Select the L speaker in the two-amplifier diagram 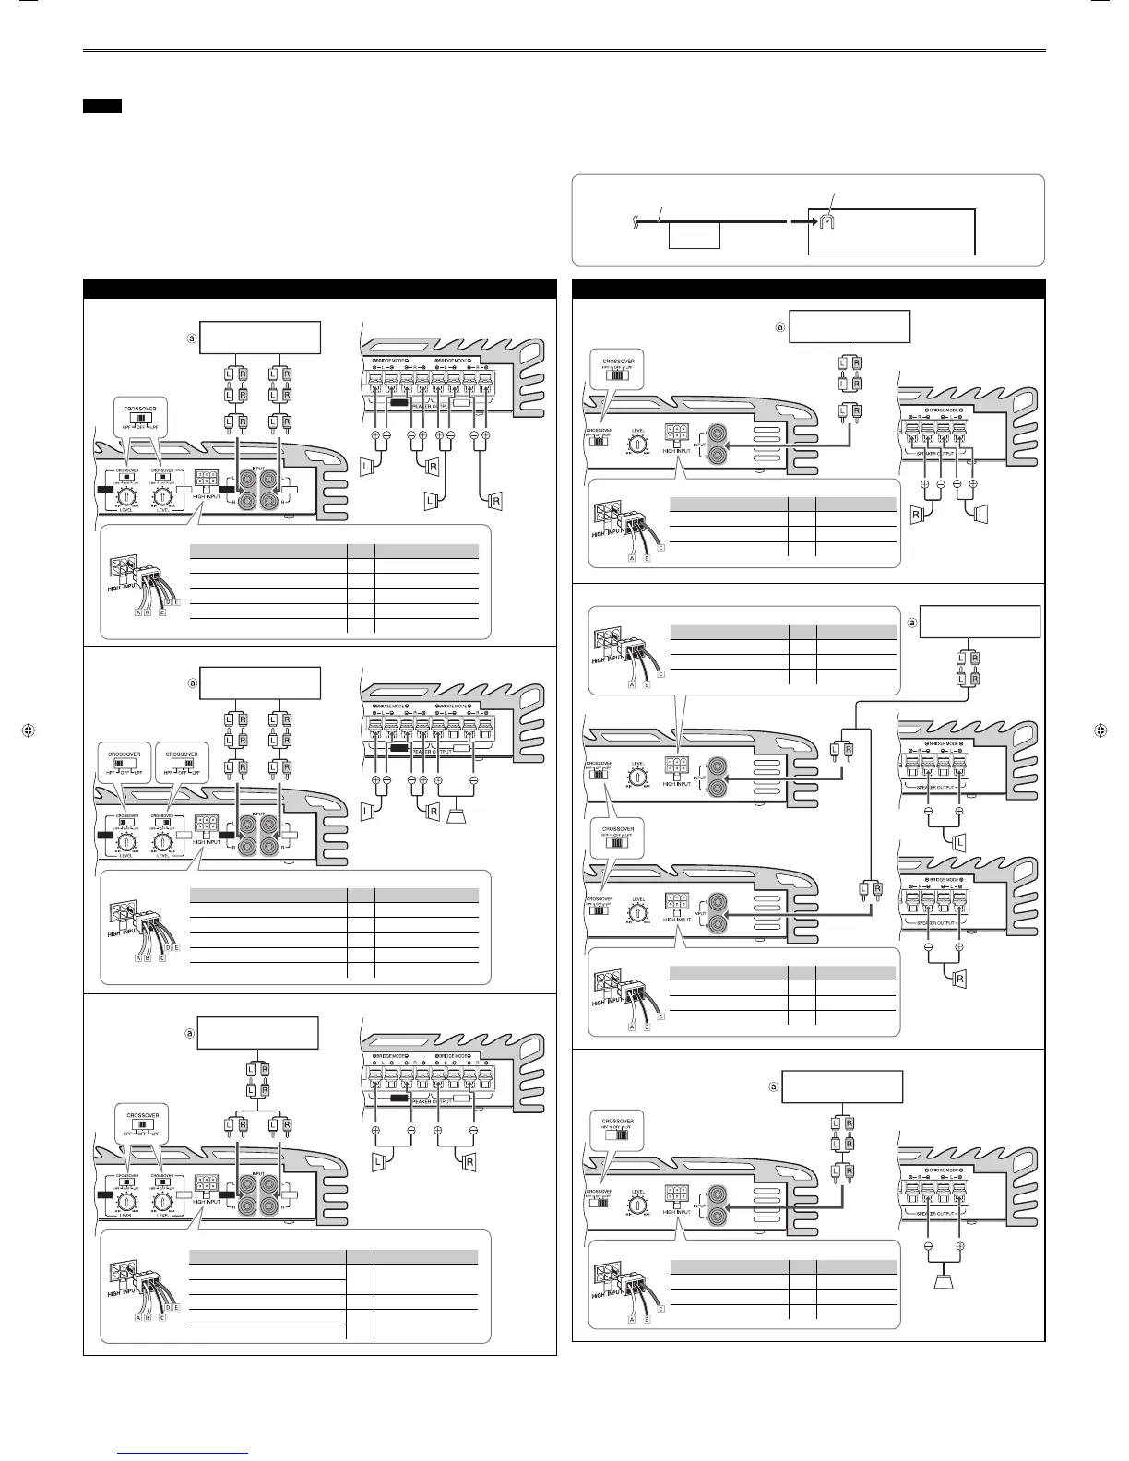[x=958, y=842]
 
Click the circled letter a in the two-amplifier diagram [x=913, y=623]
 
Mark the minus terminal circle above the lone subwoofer [x=929, y=1246]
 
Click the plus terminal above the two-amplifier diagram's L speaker [x=959, y=810]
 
